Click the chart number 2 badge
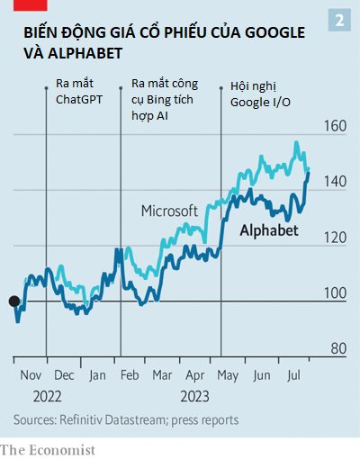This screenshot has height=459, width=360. [339, 20]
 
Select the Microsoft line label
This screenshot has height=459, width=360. [169, 210]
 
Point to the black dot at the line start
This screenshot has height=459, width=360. [13, 301]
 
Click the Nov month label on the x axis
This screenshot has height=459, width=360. [31, 374]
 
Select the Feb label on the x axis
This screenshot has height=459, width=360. [130, 374]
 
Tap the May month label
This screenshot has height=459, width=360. [228, 374]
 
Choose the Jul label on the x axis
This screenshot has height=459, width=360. [292, 374]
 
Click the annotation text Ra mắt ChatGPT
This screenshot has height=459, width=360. [79, 91]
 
